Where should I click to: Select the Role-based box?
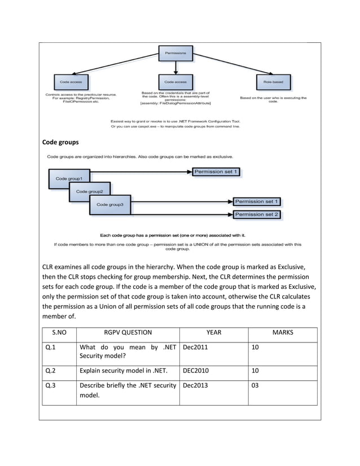click(x=273, y=82)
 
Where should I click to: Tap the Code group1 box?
click(x=69, y=178)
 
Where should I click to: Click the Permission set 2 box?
click(x=257, y=214)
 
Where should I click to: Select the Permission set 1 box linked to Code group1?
click(x=217, y=171)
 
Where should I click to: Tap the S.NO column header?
click(x=59, y=333)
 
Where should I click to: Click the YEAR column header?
click(x=214, y=333)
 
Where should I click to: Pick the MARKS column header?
click(x=282, y=333)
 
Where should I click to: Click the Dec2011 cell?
click(x=195, y=348)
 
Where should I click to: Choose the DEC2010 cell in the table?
click(x=195, y=371)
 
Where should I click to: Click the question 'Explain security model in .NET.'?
click(x=128, y=371)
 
